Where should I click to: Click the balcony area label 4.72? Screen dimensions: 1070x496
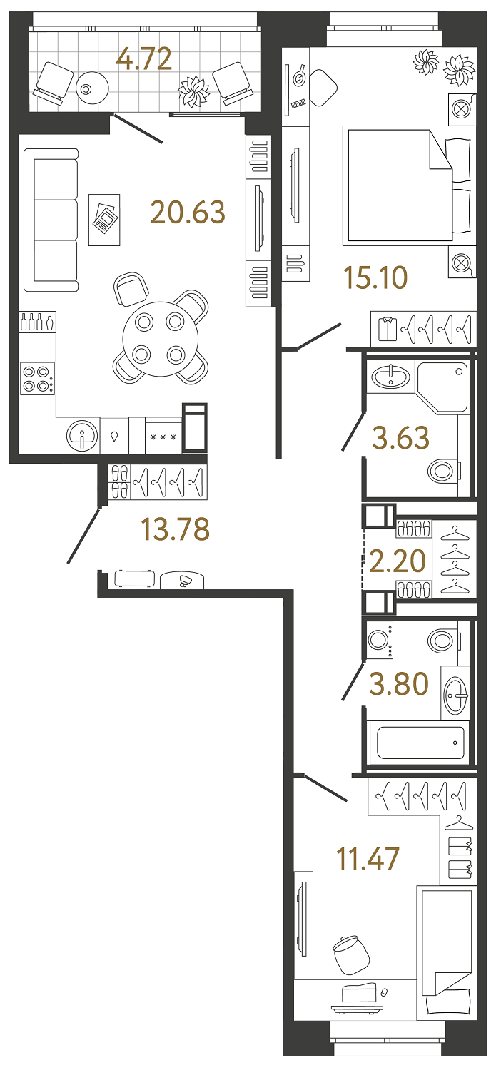pyautogui.click(x=144, y=59)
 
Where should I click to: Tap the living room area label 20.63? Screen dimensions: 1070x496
pyautogui.click(x=188, y=212)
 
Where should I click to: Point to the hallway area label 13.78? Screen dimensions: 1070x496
pyautogui.click(x=175, y=529)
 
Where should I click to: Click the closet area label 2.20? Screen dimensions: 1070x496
pyautogui.click(x=398, y=561)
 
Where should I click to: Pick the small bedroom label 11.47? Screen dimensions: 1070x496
pyautogui.click(x=368, y=859)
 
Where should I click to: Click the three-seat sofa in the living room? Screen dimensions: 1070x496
pyautogui.click(x=51, y=220)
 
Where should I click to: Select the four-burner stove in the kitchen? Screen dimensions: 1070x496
pyautogui.click(x=38, y=379)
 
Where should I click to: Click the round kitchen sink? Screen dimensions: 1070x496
pyautogui.click(x=83, y=435)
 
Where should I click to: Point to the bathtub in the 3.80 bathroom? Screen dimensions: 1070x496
pyautogui.click(x=420, y=743)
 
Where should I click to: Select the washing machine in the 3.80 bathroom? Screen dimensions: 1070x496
pyautogui.click(x=380, y=639)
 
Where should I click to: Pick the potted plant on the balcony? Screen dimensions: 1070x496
pyautogui.click(x=194, y=91)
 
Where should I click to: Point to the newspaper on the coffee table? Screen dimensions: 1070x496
pyautogui.click(x=104, y=220)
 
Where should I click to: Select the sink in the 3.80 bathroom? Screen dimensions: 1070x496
pyautogui.click(x=455, y=691)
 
